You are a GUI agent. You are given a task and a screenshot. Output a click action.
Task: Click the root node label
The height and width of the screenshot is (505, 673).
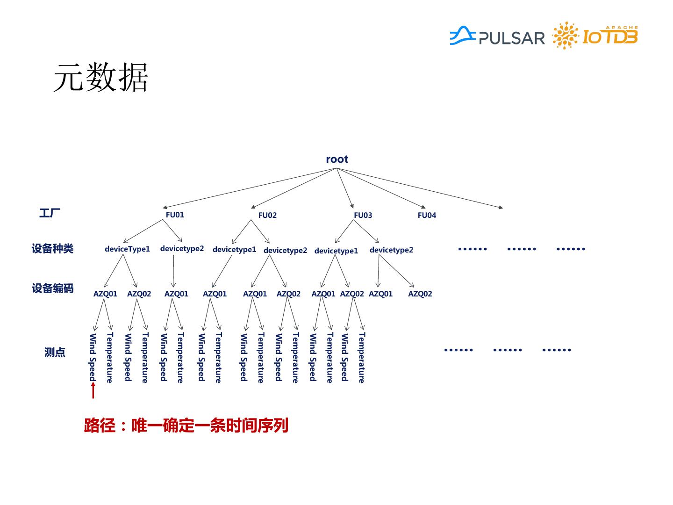[337, 159]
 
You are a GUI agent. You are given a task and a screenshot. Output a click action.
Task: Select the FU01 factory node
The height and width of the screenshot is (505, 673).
[175, 215]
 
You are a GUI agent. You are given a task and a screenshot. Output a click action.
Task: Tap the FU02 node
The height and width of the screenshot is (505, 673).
[267, 215]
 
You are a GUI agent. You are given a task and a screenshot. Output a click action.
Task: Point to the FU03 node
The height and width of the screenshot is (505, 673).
[363, 215]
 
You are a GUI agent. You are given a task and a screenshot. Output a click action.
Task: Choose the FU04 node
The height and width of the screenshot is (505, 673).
[427, 215]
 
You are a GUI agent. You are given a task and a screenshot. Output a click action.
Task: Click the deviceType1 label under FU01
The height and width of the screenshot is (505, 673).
[127, 249]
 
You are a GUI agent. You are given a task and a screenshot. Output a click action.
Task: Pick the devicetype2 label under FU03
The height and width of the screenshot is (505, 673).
[391, 250]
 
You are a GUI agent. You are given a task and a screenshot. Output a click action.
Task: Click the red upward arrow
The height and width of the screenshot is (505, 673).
[93, 390]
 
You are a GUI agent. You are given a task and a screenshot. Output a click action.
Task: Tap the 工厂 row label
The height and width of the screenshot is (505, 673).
[50, 213]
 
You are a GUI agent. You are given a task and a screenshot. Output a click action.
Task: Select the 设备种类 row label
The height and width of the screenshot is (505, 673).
[52, 248]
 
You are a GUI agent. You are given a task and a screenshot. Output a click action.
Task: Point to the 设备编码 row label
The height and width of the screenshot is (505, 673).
[52, 288]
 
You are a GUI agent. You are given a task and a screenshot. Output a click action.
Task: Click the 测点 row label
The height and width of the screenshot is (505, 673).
[55, 352]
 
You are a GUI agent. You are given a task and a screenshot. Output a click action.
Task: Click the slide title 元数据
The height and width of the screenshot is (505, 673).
[100, 78]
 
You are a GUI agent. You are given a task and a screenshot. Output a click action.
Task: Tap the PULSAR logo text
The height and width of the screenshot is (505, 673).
[511, 38]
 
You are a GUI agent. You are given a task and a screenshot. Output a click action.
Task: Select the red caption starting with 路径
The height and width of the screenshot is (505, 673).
[186, 426]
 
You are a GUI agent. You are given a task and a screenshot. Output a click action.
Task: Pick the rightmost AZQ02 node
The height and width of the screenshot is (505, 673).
[420, 294]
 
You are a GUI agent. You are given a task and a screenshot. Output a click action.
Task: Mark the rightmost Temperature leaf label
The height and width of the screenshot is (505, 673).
[361, 357]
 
